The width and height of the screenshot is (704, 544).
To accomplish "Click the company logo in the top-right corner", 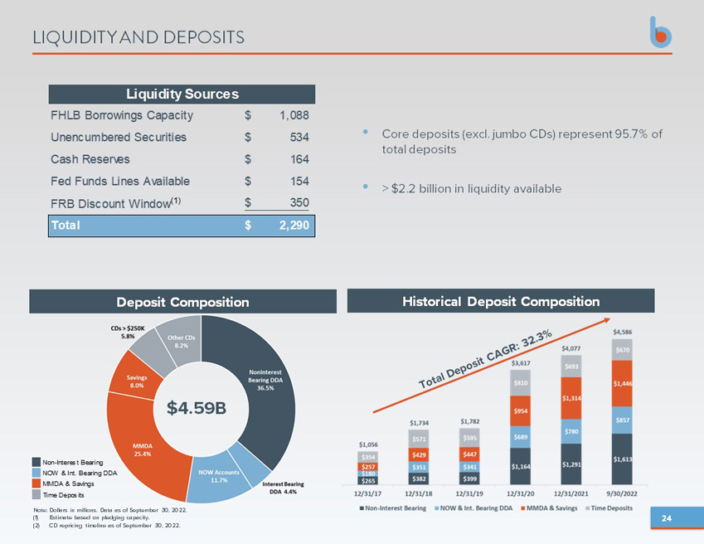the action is click(661, 32).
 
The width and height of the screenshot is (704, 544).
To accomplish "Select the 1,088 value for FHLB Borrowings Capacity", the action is click(294, 115).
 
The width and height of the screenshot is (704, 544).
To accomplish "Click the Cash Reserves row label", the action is click(90, 159).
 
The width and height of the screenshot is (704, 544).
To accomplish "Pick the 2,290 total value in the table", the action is click(294, 226).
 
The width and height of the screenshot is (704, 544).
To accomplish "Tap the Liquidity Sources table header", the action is click(182, 94).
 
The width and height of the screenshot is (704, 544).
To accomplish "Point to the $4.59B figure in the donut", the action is click(197, 408).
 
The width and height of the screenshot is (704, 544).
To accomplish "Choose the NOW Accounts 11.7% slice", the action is click(219, 478).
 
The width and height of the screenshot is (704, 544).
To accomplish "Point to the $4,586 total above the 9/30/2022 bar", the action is click(622, 333).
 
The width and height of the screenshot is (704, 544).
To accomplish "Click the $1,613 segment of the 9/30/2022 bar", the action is click(622, 459).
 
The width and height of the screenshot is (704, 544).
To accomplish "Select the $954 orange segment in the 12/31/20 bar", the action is click(521, 410).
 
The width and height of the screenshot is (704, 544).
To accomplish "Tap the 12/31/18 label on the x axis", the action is click(419, 493).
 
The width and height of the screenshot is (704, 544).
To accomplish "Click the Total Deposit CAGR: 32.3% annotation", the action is click(485, 358).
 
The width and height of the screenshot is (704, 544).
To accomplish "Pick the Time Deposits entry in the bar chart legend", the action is click(609, 508).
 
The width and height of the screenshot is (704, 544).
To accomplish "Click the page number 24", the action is click(667, 518).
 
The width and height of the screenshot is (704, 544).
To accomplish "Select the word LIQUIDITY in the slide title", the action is click(75, 37).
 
